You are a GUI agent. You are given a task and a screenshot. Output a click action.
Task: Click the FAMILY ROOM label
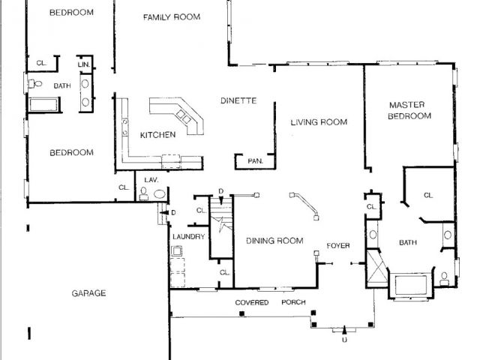pyautogui.click(x=172, y=16)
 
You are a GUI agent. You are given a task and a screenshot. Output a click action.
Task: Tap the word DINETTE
pyautogui.click(x=238, y=100)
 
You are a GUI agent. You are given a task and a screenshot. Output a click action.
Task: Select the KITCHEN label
pyautogui.click(x=157, y=135)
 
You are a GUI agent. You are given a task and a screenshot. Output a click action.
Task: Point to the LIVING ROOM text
pyautogui.click(x=319, y=122)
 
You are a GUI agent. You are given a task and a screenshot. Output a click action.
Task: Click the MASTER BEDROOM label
pyautogui.click(x=409, y=110)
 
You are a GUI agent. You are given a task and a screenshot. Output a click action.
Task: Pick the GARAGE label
pyautogui.click(x=88, y=293)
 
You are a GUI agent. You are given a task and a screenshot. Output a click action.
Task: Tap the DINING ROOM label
pyautogui.click(x=274, y=241)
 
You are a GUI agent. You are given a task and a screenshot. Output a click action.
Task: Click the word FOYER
pyautogui.click(x=338, y=245)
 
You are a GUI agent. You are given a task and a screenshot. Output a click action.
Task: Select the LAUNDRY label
pyautogui.click(x=188, y=237)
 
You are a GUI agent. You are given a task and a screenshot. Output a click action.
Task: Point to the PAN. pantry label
pyautogui.click(x=255, y=160)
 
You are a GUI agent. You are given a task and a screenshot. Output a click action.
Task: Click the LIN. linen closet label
pyautogui.click(x=84, y=64)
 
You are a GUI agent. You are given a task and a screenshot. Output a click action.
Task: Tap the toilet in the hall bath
pyautogui.click(x=35, y=83)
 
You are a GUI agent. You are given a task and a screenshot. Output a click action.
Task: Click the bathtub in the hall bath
pyautogui.click(x=43, y=105)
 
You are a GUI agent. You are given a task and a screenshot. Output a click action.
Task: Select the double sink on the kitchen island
pyautogui.click(x=184, y=116)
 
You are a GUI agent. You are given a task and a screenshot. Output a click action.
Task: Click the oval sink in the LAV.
pyautogui.click(x=160, y=193)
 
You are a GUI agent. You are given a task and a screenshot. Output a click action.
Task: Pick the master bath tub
pyautogui.click(x=411, y=285)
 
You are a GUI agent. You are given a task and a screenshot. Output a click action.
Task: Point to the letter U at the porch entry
pyautogui.click(x=344, y=340)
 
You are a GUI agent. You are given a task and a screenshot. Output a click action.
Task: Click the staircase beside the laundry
pyautogui.click(x=221, y=228)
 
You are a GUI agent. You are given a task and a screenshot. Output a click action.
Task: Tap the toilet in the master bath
pyautogui.click(x=444, y=278)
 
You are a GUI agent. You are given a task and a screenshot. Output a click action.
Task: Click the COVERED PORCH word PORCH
pyautogui.click(x=293, y=302)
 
